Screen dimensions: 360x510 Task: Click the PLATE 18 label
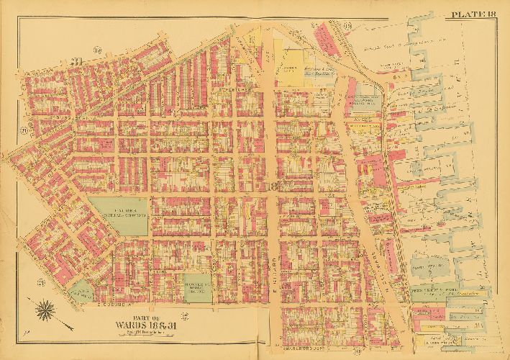coord(476,14)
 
